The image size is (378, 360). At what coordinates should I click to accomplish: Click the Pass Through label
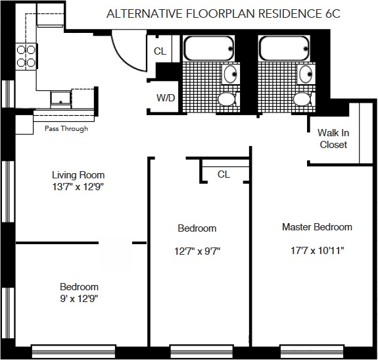66,128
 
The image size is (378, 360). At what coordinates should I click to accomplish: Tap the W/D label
166,98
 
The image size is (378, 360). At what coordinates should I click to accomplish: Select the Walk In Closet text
333,139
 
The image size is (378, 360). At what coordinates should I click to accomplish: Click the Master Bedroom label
317,227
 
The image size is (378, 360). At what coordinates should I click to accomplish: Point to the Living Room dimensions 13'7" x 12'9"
78,187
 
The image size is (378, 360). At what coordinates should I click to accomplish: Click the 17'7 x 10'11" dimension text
317,251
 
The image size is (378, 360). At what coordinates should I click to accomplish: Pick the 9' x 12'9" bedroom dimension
79,299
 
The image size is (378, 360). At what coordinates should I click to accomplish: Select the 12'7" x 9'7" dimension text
197,251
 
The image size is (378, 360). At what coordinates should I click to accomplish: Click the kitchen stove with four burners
26,57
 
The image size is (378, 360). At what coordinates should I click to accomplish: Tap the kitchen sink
60,99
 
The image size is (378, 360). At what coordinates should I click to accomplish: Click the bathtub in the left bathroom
208,48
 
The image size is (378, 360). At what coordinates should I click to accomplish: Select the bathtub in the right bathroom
284,48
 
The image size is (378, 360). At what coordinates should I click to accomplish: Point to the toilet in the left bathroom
228,99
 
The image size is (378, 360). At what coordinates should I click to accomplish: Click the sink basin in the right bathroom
306,74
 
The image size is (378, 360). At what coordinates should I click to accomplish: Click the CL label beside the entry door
160,51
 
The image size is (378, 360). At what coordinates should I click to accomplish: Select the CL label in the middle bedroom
224,174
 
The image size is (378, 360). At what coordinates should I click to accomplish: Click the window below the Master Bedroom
312,351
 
